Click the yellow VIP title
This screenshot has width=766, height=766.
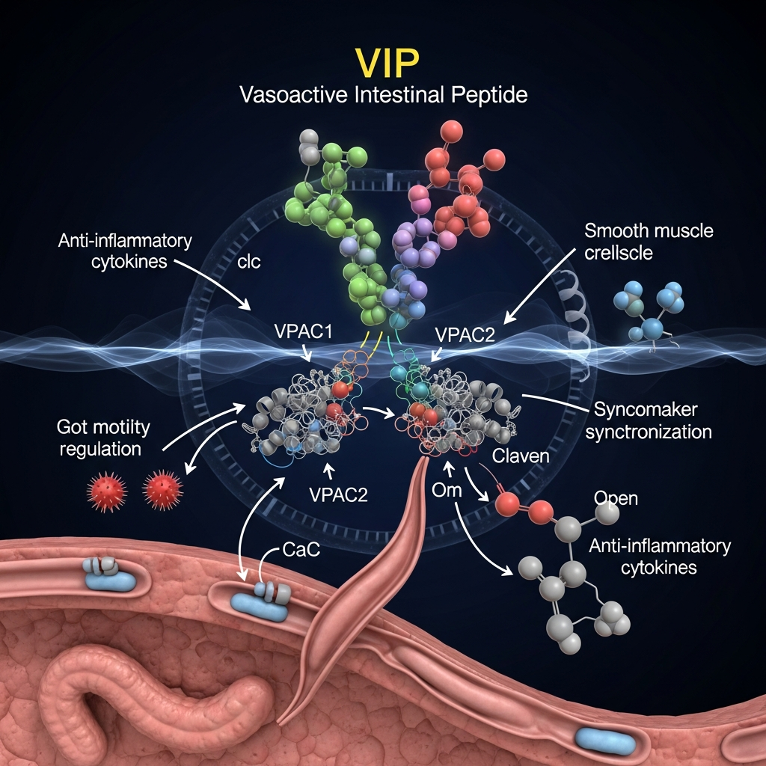coord(384,64)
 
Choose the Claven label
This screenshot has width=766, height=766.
coord(521,456)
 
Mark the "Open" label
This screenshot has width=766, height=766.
coord(615,497)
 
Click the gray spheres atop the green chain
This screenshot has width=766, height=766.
coord(309,144)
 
